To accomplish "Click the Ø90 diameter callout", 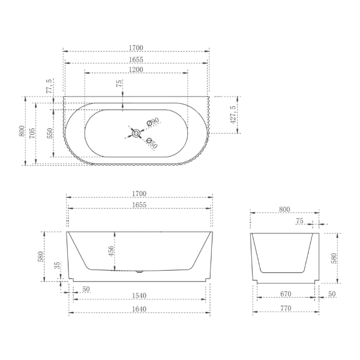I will (152, 122).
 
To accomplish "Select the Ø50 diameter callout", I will (152, 144).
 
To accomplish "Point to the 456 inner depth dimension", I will (111, 251).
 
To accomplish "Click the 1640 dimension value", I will (139, 309).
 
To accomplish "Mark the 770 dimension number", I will (285, 309).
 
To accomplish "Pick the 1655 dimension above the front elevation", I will (139, 205).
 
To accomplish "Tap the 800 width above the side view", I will (284, 209).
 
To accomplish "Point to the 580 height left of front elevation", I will (41, 256).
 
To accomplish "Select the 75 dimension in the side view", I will (299, 221).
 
